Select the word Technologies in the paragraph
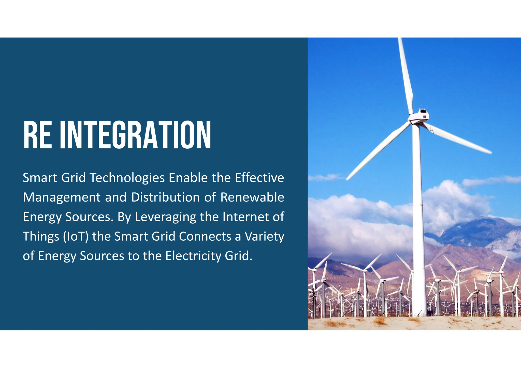[x=127, y=178]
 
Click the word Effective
[x=259, y=178]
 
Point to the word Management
[x=62, y=197]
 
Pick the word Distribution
[x=165, y=197]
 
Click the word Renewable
[x=252, y=197]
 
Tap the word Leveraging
[x=165, y=217]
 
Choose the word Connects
[x=205, y=236]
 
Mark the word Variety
[x=264, y=237]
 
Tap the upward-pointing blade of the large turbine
[x=406, y=74]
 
